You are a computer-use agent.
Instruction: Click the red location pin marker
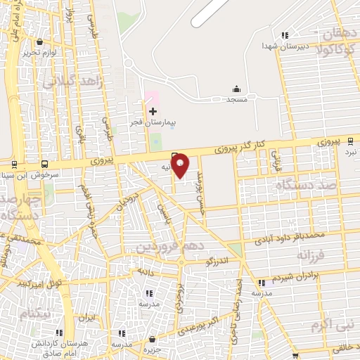click(x=180, y=165)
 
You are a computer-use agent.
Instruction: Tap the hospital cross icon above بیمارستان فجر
click(x=153, y=111)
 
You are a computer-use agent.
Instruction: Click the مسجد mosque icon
click(x=236, y=90)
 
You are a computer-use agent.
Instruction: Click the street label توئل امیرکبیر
click(x=41, y=283)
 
